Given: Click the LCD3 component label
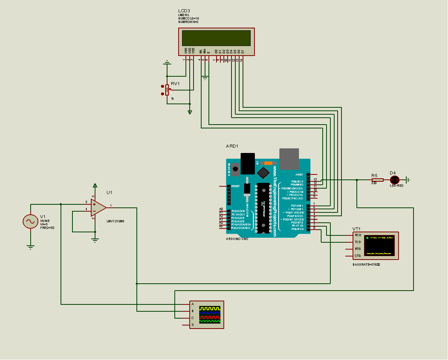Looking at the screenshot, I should pos(184,10).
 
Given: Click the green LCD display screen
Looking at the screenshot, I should pos(216,38).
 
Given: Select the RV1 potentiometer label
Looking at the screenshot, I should pos(175,84).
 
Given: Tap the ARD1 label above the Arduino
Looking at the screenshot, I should pos(232,146).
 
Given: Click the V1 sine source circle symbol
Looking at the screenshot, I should pos(30,222).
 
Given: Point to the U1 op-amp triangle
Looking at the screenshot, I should pos(98,208).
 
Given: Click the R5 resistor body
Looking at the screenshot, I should pos(377,180).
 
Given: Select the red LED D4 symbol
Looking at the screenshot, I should pos(394,180).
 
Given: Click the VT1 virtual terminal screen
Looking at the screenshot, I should pos(379,246).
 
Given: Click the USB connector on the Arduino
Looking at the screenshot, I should pos(289,159).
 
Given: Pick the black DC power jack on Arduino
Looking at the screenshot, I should pos(248,164).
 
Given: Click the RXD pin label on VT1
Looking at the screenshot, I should pos(358,235).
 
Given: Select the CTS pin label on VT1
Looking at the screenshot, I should pos(358,256).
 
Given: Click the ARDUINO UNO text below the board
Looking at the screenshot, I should pos(237,239).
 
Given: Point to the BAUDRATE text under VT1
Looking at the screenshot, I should pos(366,265).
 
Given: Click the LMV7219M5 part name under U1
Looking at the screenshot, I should pos(115,221).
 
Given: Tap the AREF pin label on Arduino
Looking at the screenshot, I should pos(299,174).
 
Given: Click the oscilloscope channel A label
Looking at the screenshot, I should pos(192,304).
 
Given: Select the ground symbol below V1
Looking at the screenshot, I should pos(30,247).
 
